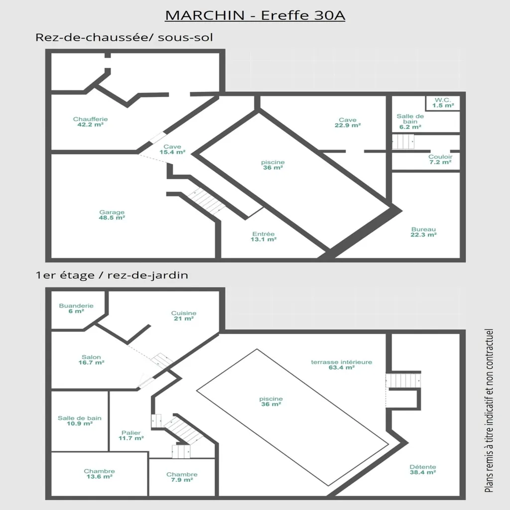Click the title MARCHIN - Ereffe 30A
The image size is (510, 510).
pyautogui.click(x=255, y=15)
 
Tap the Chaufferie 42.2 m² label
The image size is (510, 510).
pyautogui.click(x=91, y=122)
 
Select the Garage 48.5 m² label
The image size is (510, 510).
pyautogui.click(x=112, y=215)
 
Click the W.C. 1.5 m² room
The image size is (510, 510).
pyautogui.click(x=443, y=103)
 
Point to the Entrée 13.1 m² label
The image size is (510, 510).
pyautogui.click(x=263, y=237)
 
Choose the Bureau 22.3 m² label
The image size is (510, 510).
pyautogui.click(x=423, y=232)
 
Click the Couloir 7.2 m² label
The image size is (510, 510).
pyautogui.click(x=440, y=159)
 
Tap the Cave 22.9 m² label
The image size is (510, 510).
pyautogui.click(x=348, y=123)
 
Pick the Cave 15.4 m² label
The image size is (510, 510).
pyautogui.click(x=172, y=149)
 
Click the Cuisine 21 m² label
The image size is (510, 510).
pyautogui.click(x=184, y=316)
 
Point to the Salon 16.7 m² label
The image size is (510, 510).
pyautogui.click(x=92, y=360)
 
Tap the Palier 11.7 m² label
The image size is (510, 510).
pyautogui.click(x=131, y=435)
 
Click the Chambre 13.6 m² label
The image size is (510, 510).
pyautogui.click(x=100, y=474)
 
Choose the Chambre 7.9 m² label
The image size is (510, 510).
pyautogui.click(x=182, y=477)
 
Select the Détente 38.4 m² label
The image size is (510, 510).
pyautogui.click(x=423, y=470)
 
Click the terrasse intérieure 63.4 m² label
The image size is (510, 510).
pyautogui.click(x=342, y=365)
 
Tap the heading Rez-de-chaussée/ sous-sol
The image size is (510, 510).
pyautogui.click(x=124, y=37)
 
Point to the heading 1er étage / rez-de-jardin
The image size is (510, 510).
pyautogui.click(x=112, y=275)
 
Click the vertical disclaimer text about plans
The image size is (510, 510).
pyautogui.click(x=489, y=410)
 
